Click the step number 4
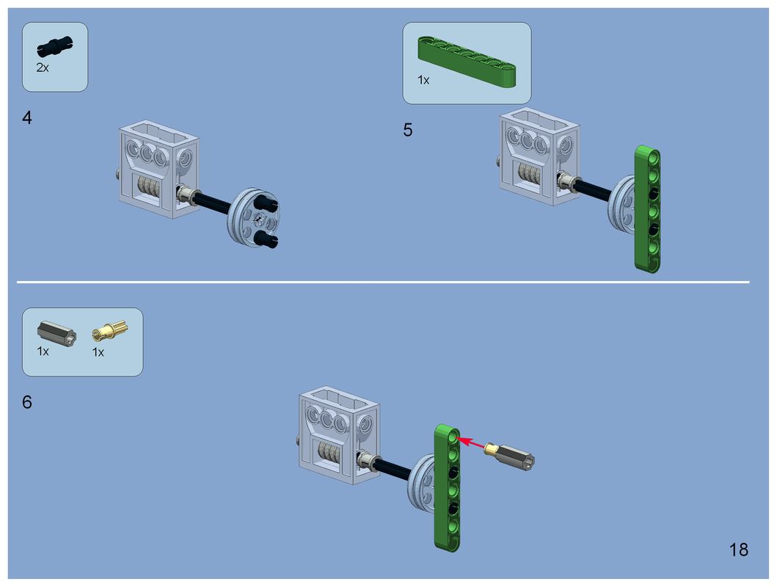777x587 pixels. point(26,118)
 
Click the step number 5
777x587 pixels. point(407,130)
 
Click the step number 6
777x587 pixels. point(26,402)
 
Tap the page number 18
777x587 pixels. point(738,550)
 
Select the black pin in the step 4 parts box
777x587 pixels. point(55,46)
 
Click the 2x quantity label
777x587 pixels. point(43,68)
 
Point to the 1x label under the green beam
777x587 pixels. point(423,80)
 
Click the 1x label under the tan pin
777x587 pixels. point(98,352)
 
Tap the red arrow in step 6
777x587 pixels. point(470,442)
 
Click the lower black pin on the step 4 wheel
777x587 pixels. point(266,240)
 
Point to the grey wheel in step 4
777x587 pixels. point(252,216)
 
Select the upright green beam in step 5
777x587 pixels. point(648,208)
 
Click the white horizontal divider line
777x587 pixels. point(383,282)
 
